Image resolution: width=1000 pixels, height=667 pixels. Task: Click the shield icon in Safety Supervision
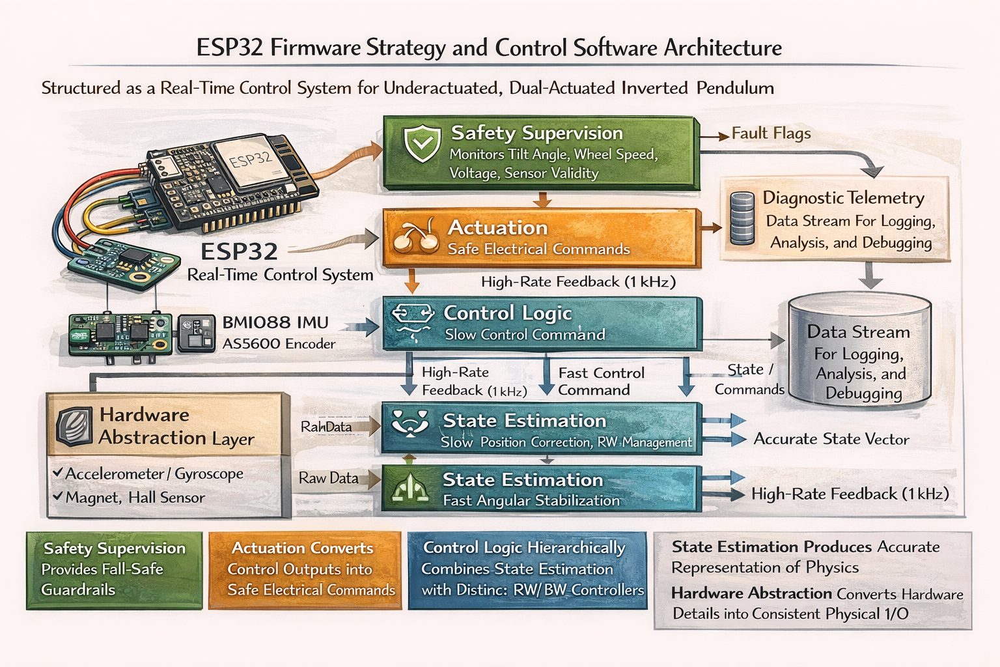pyautogui.click(x=423, y=144)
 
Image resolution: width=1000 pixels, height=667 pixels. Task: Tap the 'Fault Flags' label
pyautogui.click(x=771, y=134)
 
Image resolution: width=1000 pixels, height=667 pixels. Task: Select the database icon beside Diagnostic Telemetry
pyautogui.click(x=742, y=218)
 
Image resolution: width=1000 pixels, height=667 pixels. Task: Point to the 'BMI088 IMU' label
pyautogui.click(x=275, y=322)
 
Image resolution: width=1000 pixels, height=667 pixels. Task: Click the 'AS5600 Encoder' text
pyautogui.click(x=279, y=344)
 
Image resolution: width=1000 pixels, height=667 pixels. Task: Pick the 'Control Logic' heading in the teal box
pyautogui.click(x=507, y=313)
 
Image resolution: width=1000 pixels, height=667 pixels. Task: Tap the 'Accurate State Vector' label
pyautogui.click(x=831, y=439)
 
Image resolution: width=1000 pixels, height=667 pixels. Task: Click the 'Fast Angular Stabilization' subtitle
pyautogui.click(x=531, y=500)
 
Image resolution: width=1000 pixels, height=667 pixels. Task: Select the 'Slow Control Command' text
pyautogui.click(x=525, y=335)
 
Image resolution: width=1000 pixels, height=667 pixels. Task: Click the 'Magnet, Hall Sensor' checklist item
pyautogui.click(x=135, y=498)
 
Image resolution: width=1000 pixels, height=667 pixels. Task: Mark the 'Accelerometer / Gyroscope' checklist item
pyautogui.click(x=154, y=474)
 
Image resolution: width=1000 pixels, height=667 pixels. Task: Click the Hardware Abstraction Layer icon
pyautogui.click(x=74, y=427)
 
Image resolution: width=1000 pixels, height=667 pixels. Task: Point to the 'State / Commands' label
pyautogui.click(x=749, y=379)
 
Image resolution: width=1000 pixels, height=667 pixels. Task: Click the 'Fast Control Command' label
pyautogui.click(x=600, y=381)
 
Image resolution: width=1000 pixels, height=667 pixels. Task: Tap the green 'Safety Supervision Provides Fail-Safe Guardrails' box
pyautogui.click(x=115, y=570)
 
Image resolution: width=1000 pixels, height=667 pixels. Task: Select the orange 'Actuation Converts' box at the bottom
pyautogui.click(x=305, y=570)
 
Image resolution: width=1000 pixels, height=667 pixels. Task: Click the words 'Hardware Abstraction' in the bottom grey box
pyautogui.click(x=751, y=593)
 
